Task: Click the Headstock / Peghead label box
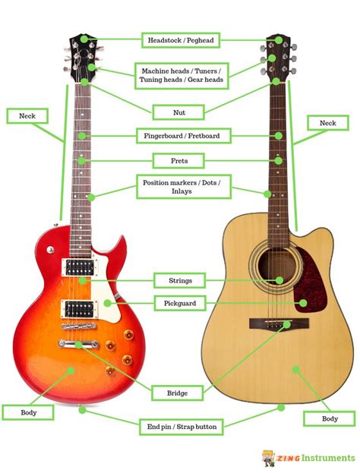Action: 181,40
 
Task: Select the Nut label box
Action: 178,112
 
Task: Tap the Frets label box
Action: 178,161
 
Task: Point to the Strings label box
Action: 180,281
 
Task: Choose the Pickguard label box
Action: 180,303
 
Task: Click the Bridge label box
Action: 178,393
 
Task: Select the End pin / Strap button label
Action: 182,427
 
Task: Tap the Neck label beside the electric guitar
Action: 27,116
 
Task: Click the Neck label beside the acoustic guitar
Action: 328,123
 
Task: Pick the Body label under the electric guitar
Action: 28,412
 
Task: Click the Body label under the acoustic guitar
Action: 329,418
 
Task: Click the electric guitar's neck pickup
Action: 80,267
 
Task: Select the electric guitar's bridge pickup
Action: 79,310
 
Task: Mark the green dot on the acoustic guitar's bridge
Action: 287,325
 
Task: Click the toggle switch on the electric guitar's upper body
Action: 50,250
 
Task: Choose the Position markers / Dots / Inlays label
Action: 184,187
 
